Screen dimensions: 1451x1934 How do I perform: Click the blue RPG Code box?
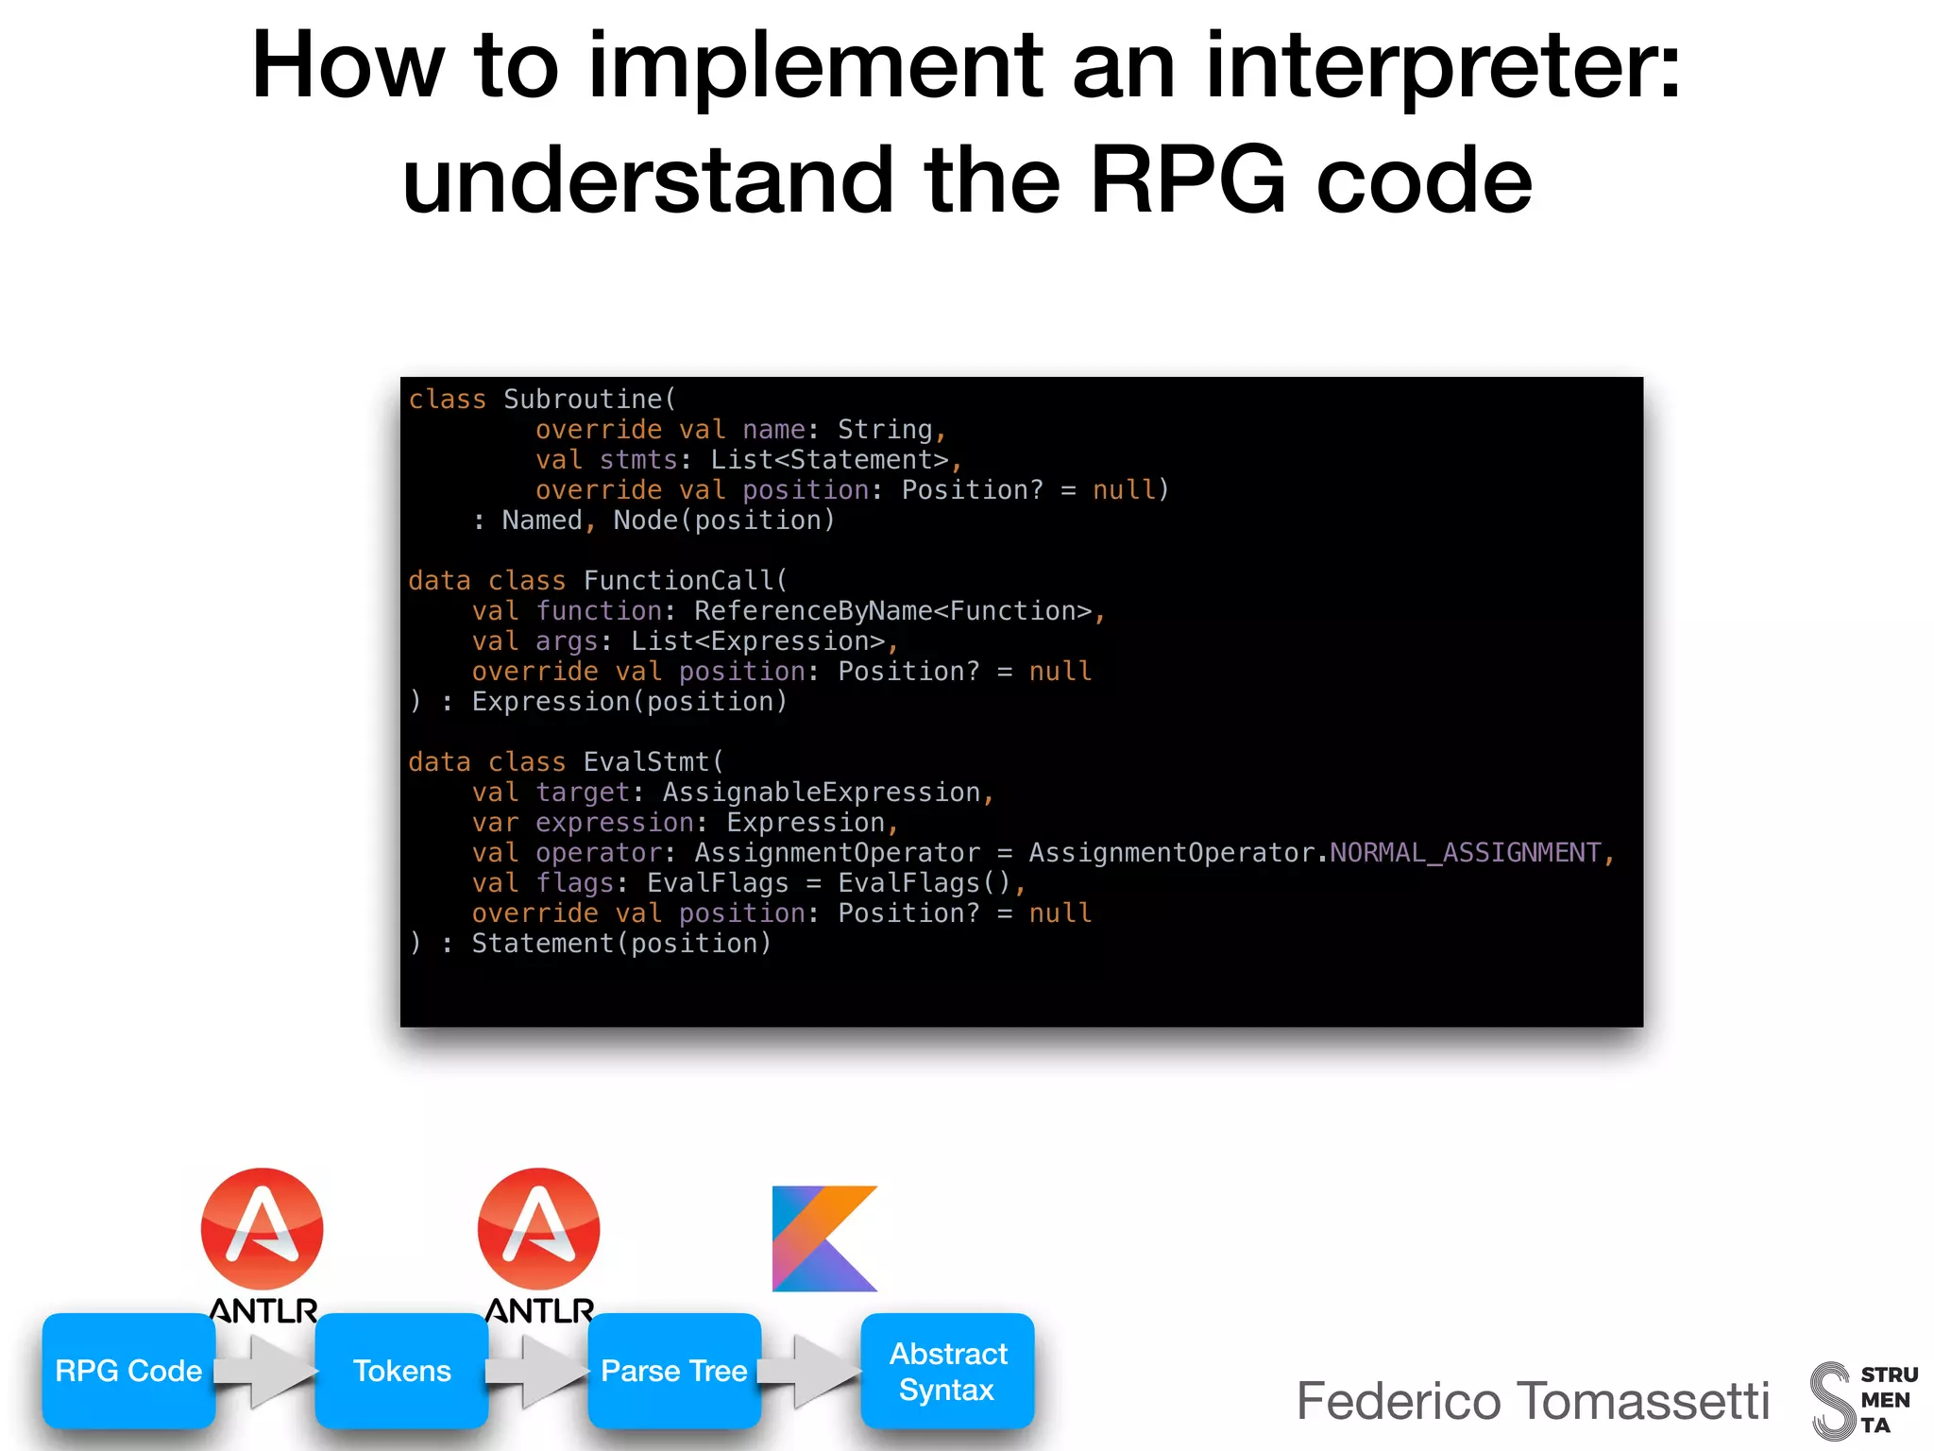(128, 1370)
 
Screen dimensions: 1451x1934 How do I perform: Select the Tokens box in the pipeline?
(401, 1370)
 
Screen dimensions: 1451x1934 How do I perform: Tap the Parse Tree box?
(674, 1370)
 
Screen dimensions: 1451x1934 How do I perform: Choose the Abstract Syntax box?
(947, 1371)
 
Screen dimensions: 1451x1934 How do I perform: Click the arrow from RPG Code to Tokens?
(265, 1371)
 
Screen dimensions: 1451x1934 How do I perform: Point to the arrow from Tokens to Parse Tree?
(538, 1371)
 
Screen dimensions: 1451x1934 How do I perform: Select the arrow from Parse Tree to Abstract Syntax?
(810, 1371)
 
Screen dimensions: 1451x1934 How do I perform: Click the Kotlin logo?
(824, 1238)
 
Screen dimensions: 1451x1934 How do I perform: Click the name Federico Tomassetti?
(1532, 1400)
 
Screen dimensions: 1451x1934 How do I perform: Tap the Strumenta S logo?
(1832, 1401)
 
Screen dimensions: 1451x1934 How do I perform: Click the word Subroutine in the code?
(583, 400)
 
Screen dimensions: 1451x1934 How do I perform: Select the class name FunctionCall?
(678, 581)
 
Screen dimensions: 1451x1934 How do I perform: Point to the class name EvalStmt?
(646, 762)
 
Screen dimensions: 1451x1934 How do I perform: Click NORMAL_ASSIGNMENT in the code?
(1465, 853)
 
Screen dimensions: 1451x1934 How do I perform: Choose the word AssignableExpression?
(822, 793)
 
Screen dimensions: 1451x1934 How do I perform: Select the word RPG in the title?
(1187, 179)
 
